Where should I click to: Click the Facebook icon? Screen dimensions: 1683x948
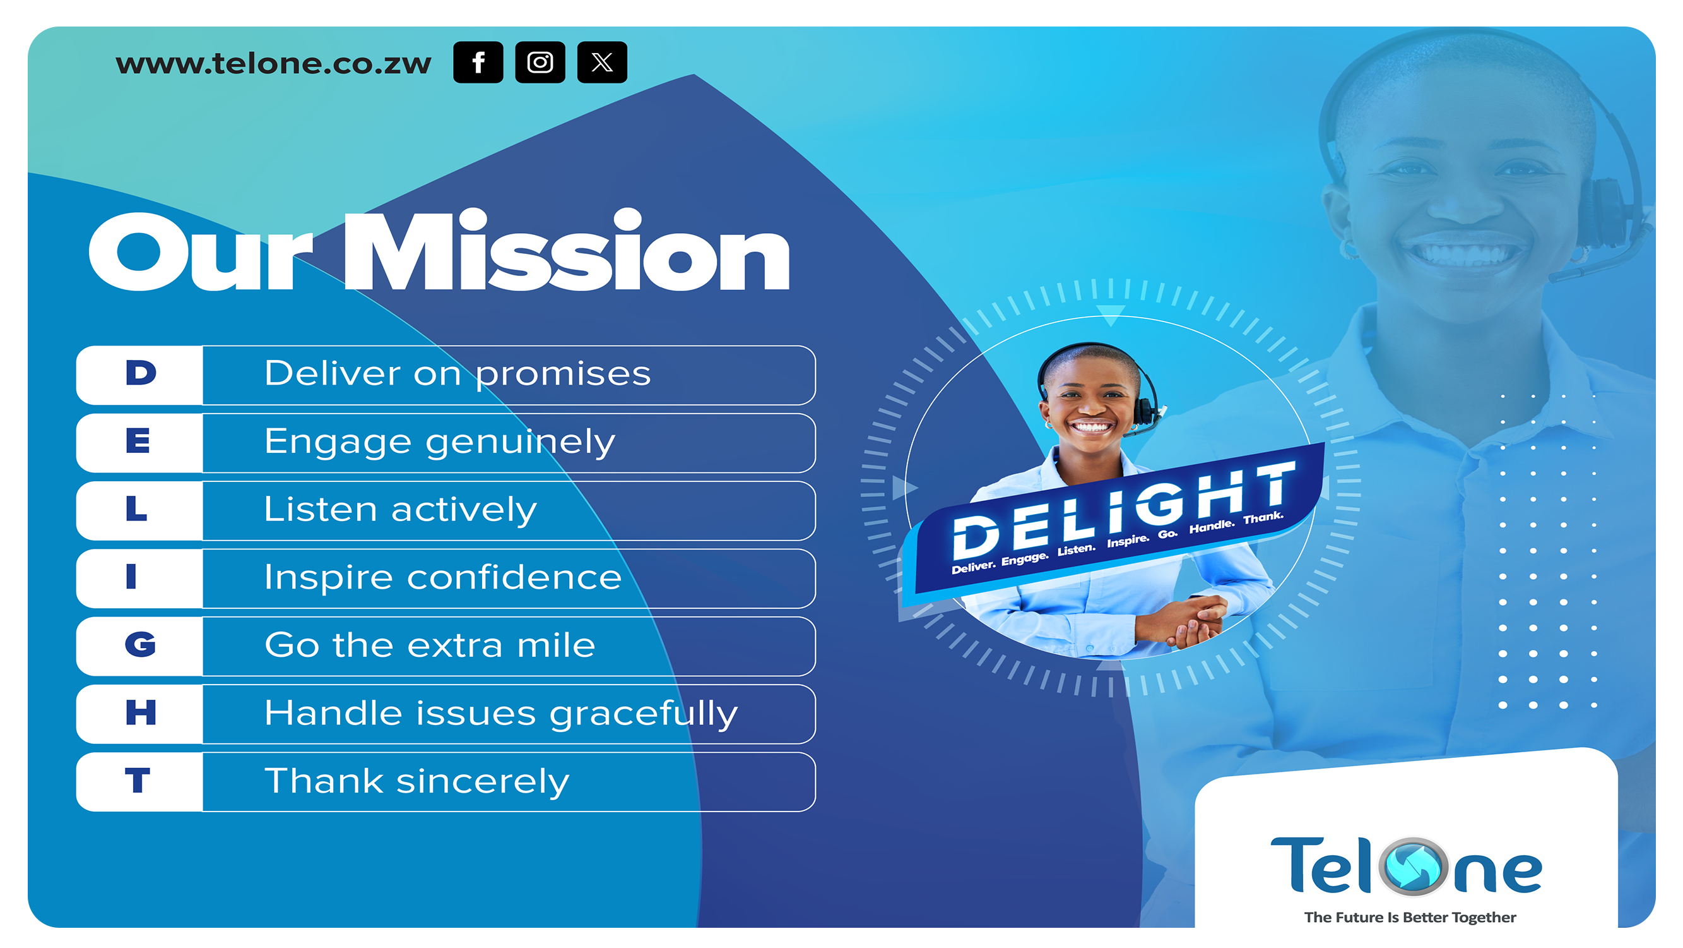point(478,62)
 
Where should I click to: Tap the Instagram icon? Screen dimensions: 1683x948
point(540,62)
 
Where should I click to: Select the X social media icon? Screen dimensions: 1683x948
point(603,62)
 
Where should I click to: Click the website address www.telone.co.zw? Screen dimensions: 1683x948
point(273,64)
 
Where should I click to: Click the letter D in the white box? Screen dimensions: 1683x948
point(141,373)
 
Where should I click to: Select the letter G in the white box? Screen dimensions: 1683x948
point(141,645)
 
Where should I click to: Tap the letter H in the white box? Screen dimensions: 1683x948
point(141,712)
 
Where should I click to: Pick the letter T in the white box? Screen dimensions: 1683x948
point(138,781)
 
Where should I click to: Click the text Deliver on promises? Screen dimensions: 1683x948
point(458,374)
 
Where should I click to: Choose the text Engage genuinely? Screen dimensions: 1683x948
point(440,443)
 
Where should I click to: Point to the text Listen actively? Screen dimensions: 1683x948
point(401,510)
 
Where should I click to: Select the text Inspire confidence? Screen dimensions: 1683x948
point(443,577)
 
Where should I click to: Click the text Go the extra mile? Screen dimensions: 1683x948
point(430,645)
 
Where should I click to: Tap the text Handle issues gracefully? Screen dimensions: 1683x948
point(501,713)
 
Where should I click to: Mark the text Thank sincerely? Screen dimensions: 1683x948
point(417,782)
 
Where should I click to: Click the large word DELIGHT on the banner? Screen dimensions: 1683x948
point(1123,508)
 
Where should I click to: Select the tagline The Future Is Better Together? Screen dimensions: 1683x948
point(1410,917)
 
